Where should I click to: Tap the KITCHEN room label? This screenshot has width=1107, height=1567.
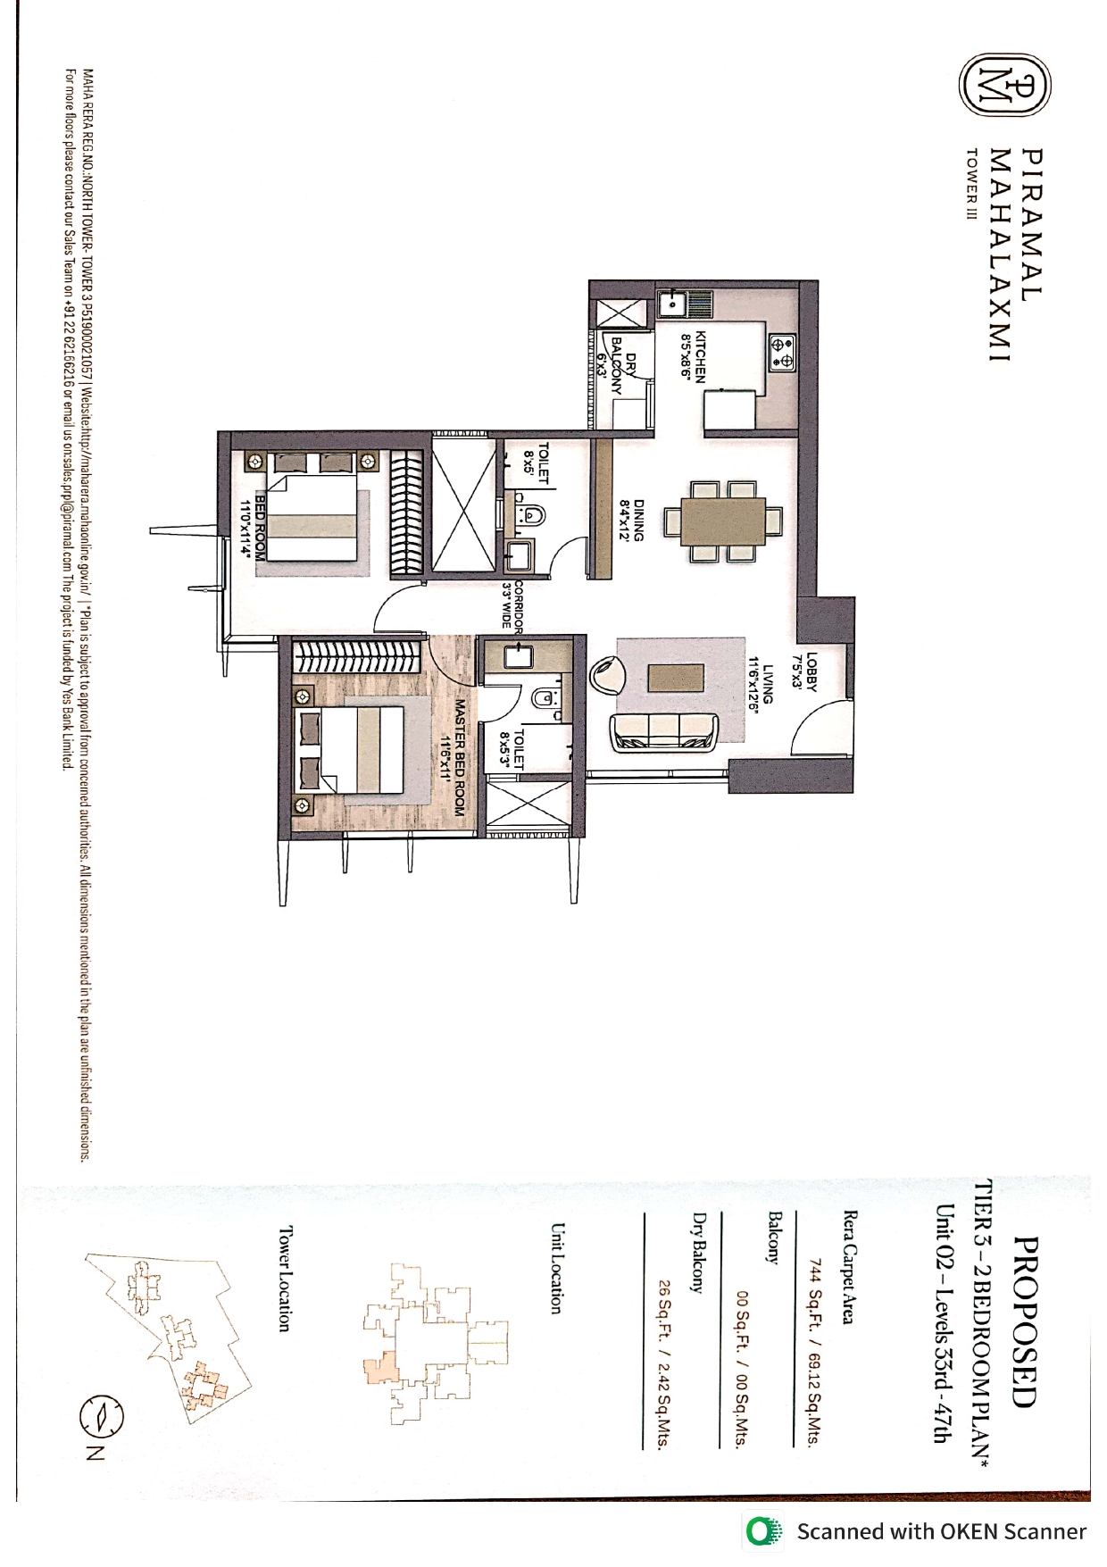pos(694,357)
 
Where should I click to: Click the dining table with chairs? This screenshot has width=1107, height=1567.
pos(723,521)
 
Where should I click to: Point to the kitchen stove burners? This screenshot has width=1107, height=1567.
pos(783,351)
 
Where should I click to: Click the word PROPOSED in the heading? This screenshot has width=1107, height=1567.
pos(1028,1321)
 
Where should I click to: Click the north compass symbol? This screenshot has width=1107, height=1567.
pos(101,1416)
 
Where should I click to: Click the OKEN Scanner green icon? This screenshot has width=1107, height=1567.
pos(763,1532)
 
